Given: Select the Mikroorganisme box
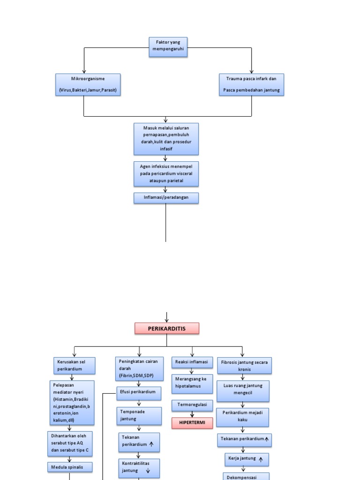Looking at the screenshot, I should tap(88, 85).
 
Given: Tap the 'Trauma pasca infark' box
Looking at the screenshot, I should tap(252, 85).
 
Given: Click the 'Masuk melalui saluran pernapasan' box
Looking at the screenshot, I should tap(166, 139).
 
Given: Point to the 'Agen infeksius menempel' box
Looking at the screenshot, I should tap(166, 173).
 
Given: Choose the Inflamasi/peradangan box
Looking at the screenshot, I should tap(166, 198).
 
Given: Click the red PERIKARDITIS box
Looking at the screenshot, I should tap(167, 329).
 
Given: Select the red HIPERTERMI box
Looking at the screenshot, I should tap(192, 423).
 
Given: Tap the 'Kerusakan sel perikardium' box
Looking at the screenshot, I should tap(74, 366).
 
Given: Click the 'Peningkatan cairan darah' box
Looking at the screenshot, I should tap(139, 369).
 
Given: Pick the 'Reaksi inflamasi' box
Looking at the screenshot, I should tap(192, 362).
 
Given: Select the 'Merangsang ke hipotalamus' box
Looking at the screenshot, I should tap(192, 383).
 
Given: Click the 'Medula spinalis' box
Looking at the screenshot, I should tap(70, 467).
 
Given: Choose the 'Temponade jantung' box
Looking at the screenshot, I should tap(139, 416).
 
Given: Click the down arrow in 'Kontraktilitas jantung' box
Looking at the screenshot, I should tap(148, 471).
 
